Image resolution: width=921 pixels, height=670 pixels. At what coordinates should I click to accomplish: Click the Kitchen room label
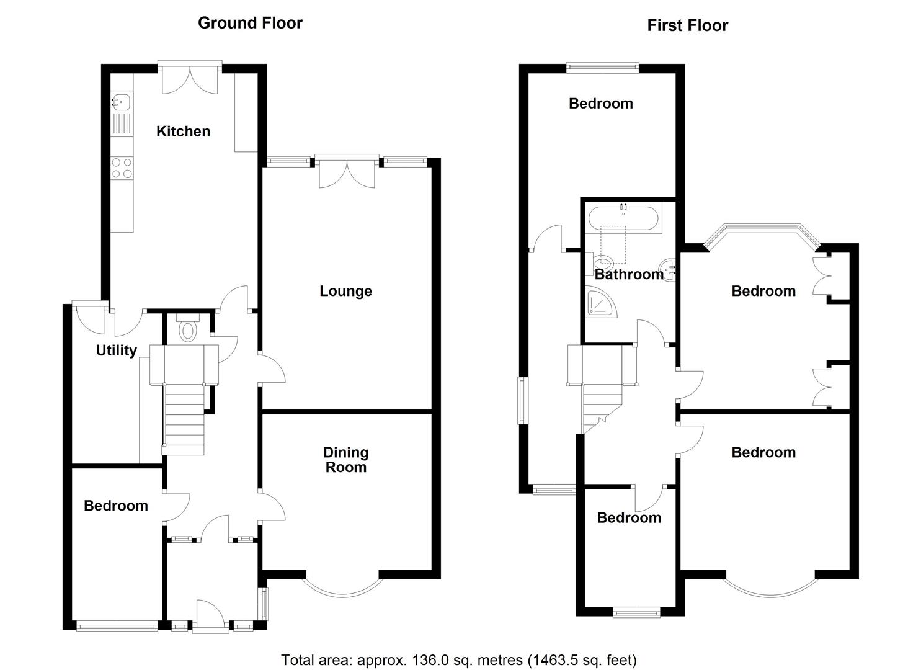pos(183,131)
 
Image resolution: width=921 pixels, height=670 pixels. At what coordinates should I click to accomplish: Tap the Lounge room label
pos(345,291)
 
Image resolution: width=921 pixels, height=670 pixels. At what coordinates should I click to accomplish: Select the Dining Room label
pos(345,460)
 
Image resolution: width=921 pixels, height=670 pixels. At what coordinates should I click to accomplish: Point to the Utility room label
pos(116,351)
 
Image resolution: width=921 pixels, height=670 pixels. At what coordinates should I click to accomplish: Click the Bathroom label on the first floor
pos(628,274)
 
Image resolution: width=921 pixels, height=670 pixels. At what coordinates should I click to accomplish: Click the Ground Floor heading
pos(250,23)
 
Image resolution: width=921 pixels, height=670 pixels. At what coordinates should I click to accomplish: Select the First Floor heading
pos(687,25)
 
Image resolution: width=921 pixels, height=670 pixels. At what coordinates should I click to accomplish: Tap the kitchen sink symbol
pos(120,101)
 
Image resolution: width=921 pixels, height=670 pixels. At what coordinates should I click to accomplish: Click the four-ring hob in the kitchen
pos(122,168)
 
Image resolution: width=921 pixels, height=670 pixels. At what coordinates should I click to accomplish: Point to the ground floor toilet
pos(187,329)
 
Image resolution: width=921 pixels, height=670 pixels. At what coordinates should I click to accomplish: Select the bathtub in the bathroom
pos(625,218)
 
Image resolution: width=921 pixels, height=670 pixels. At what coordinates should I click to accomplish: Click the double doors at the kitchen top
pos(190,79)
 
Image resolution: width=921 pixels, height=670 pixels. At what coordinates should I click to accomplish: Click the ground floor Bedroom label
pos(116,506)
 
